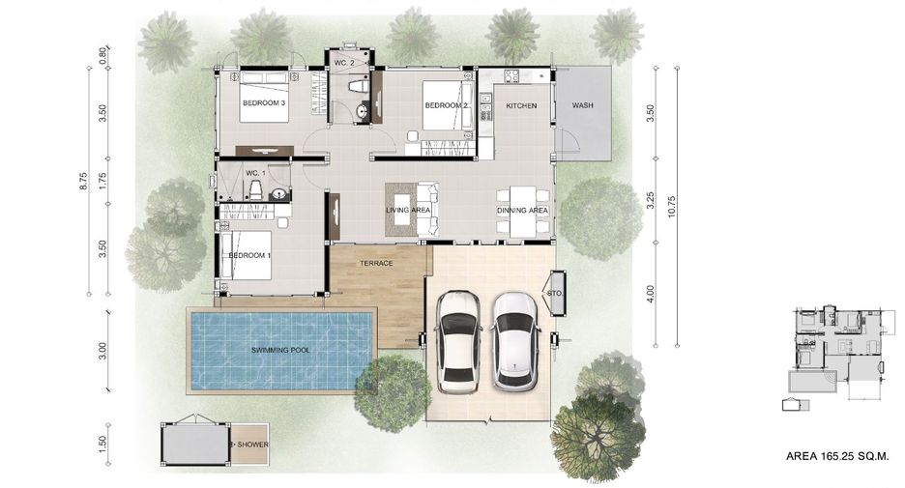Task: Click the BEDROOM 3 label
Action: [264, 103]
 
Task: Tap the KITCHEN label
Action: [521, 105]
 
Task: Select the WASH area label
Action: [582, 105]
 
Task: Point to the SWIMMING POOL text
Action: [280, 350]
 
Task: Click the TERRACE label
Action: [376, 263]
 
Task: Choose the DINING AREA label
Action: [522, 211]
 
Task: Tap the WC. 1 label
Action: [255, 173]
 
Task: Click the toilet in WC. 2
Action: [358, 87]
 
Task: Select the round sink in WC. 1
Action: [279, 194]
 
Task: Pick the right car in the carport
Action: [515, 341]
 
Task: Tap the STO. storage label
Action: [555, 294]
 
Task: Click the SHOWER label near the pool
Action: [252, 445]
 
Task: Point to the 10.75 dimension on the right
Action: [671, 207]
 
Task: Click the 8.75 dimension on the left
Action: [83, 181]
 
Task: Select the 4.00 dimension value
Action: [651, 294]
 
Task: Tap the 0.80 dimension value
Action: [102, 55]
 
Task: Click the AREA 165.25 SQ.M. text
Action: [837, 456]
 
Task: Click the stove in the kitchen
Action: [511, 75]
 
